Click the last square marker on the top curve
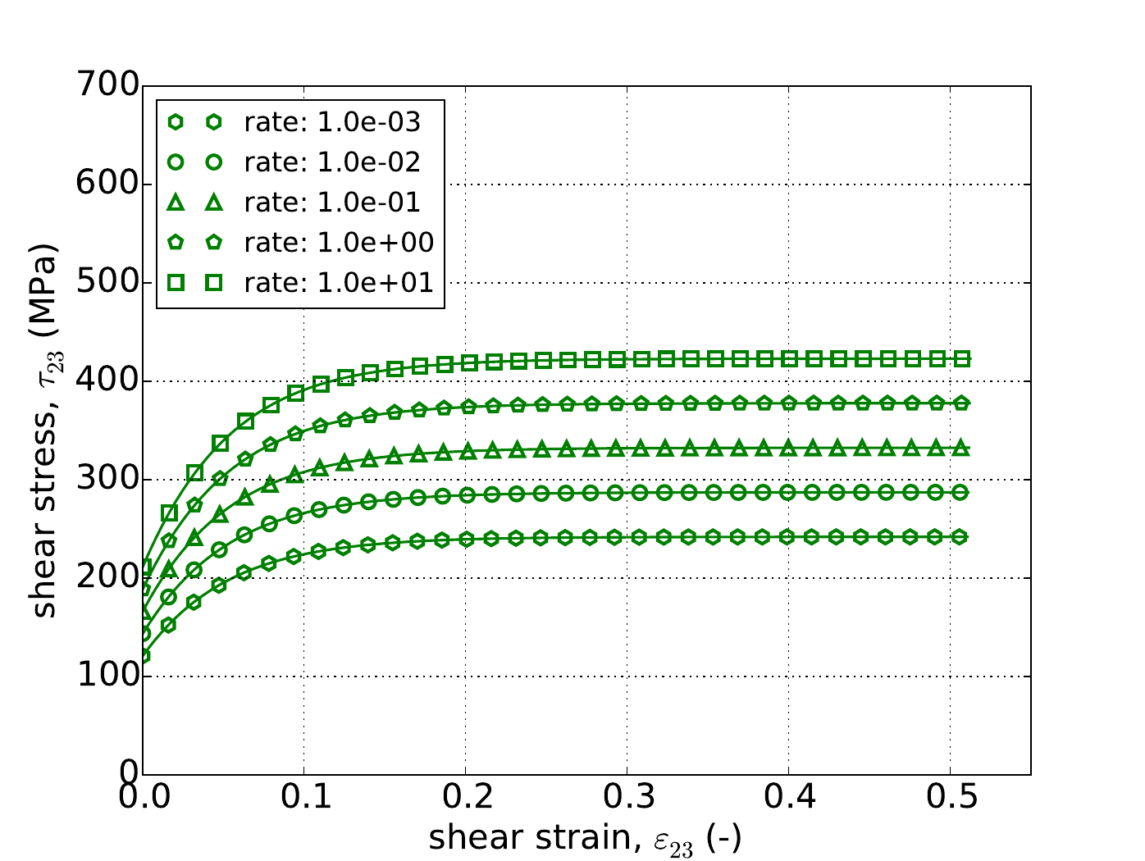962,358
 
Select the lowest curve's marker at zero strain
144,655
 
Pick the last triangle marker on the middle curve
962,449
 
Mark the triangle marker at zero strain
144,612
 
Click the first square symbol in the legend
175,283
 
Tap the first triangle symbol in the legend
175,203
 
